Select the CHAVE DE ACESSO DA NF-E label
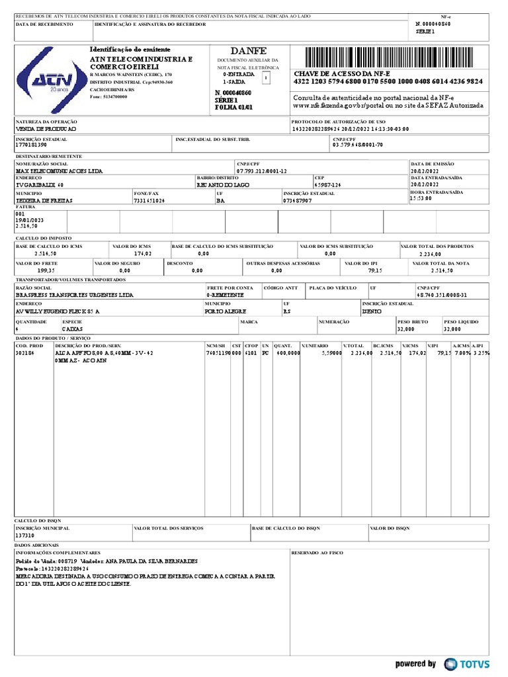click(342, 73)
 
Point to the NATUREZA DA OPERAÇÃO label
click(46, 122)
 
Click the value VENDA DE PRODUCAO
click(46, 129)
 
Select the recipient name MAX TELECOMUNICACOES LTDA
click(59, 171)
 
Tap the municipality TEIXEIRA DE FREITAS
click(44, 200)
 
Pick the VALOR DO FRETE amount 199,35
click(46, 270)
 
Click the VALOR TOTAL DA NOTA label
click(441, 263)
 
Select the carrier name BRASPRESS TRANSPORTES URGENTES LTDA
click(74, 295)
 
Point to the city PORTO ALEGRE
click(226, 311)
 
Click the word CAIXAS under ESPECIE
click(72, 329)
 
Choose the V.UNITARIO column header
click(315, 346)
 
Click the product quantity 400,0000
click(287, 353)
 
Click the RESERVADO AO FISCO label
click(317, 552)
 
